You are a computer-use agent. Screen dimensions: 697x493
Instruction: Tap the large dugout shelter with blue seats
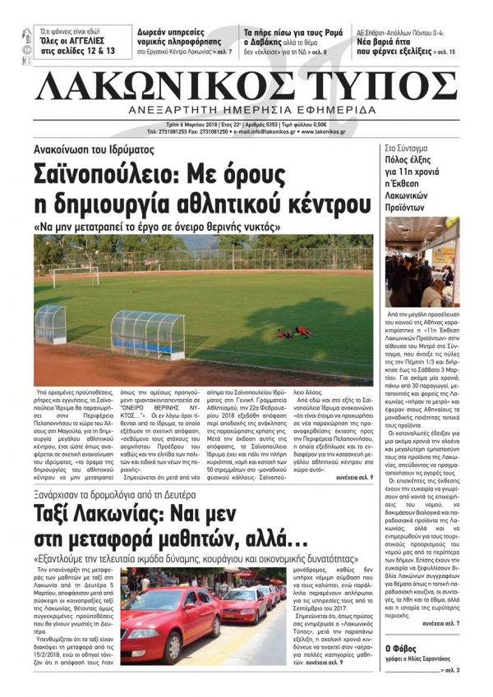click(148, 332)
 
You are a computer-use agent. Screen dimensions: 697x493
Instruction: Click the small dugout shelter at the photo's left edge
click(50, 323)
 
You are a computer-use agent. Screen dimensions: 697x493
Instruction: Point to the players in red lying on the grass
click(295, 332)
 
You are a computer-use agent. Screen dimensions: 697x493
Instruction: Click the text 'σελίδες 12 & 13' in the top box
click(78, 51)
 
